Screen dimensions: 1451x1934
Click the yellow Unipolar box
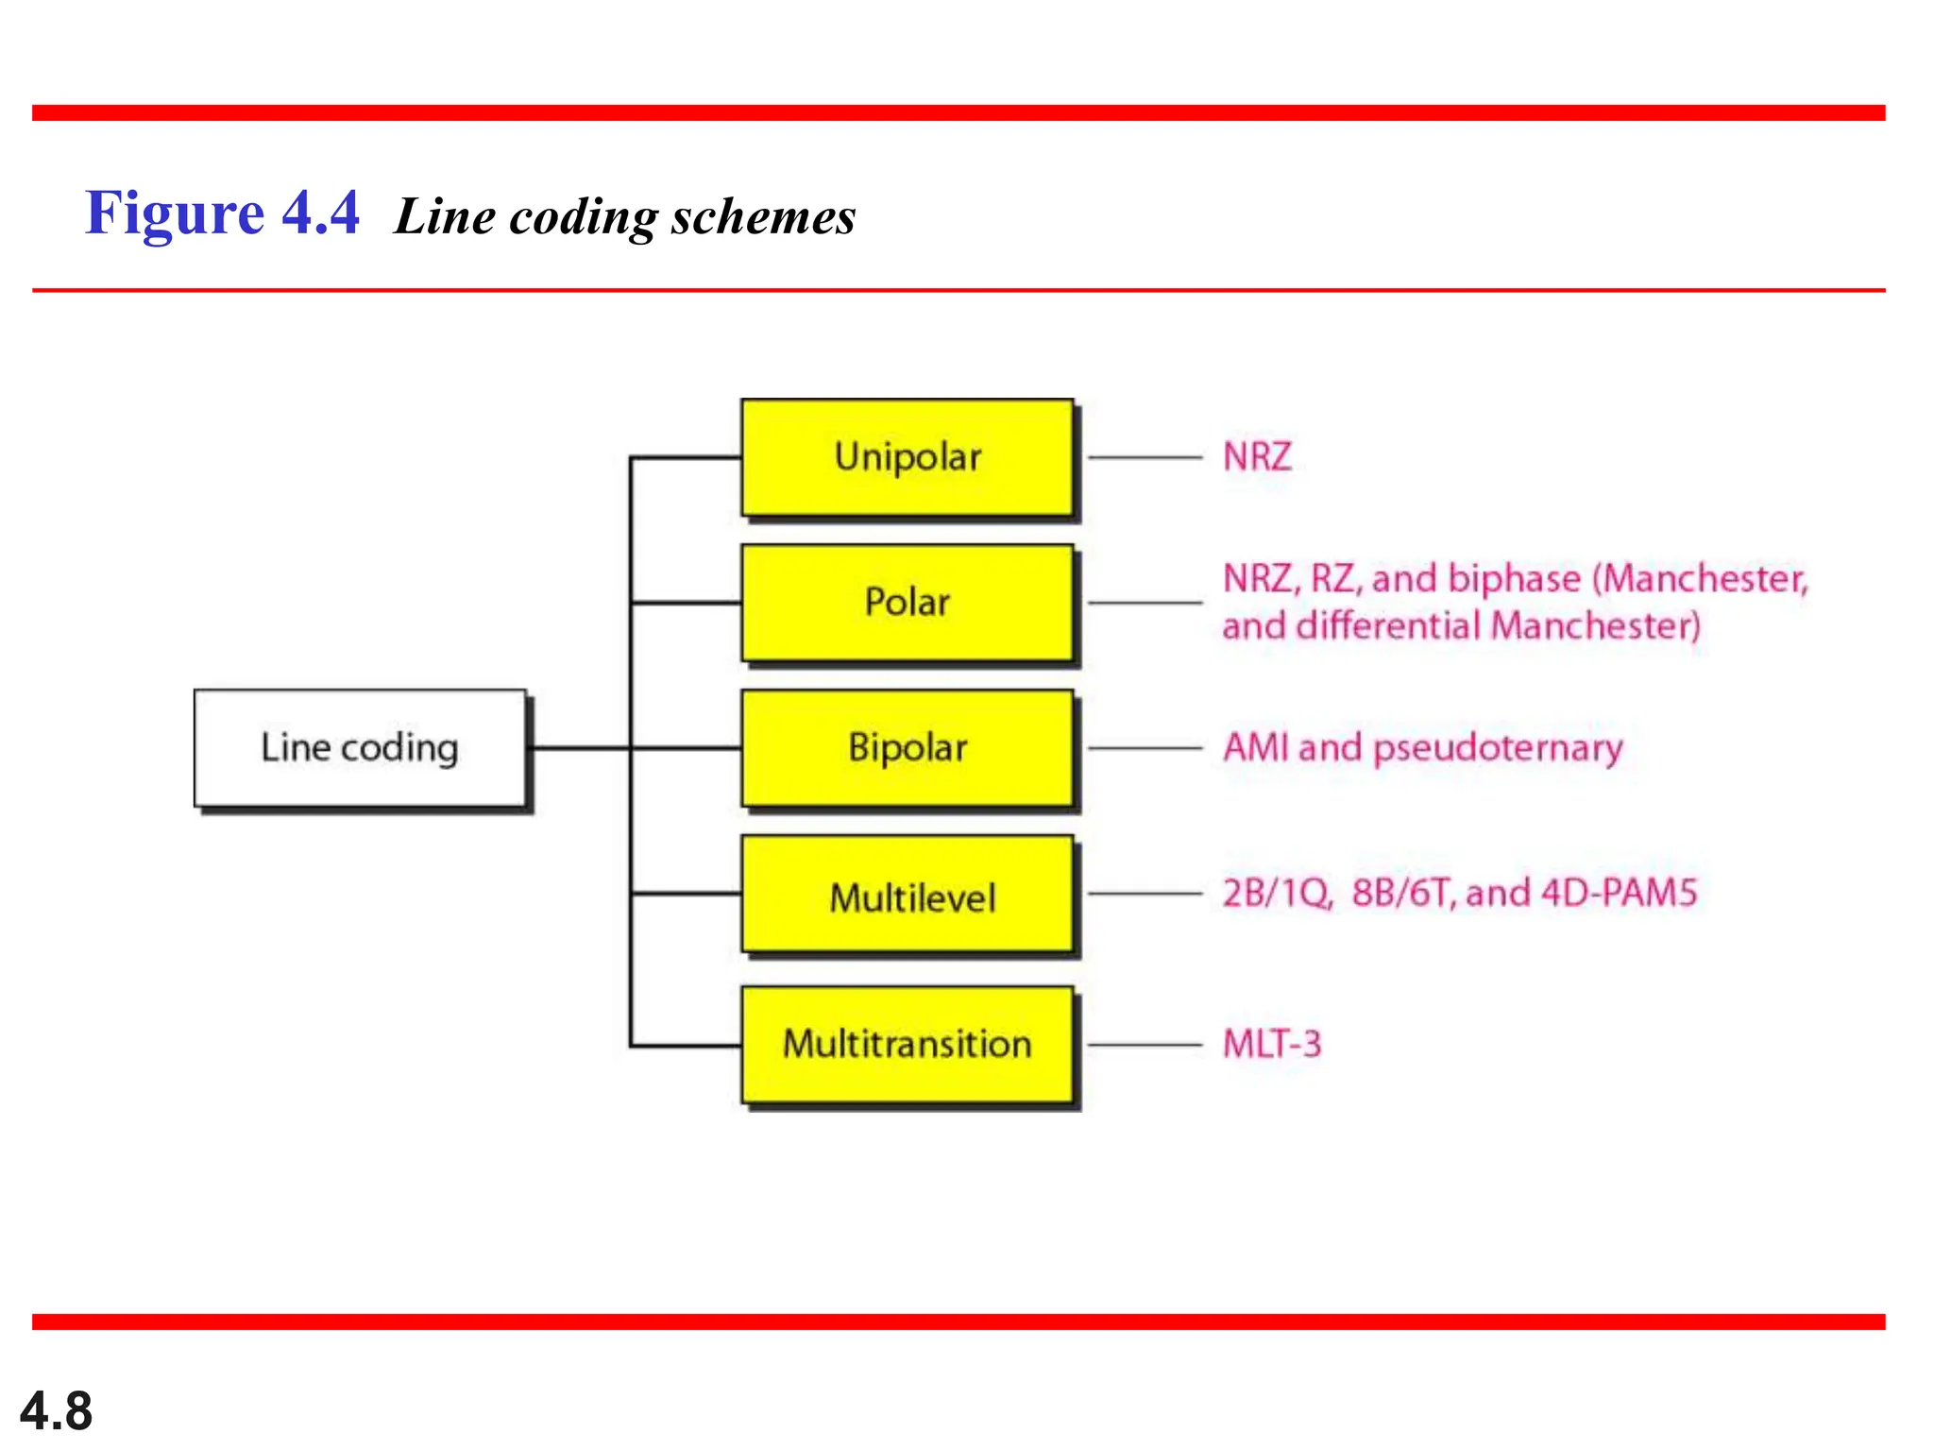tap(907, 457)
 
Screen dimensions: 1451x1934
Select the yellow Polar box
tap(907, 603)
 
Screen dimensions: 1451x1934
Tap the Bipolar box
tap(907, 748)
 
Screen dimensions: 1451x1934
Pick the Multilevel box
tap(907, 895)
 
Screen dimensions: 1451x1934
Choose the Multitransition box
tap(907, 1045)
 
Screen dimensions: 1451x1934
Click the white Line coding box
tap(360, 748)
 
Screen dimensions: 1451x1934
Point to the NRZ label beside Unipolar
tap(1257, 457)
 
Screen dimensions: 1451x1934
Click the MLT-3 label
tap(1272, 1045)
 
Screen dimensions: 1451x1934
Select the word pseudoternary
tap(1498, 749)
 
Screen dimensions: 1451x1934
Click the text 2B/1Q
tap(1277, 894)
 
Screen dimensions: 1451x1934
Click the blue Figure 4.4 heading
tap(222, 213)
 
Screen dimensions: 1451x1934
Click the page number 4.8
tap(56, 1411)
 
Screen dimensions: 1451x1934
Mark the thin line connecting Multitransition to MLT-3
tap(1145, 1046)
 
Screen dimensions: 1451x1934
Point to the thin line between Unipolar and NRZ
tap(1145, 458)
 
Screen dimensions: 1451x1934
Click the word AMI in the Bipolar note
tap(1255, 748)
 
